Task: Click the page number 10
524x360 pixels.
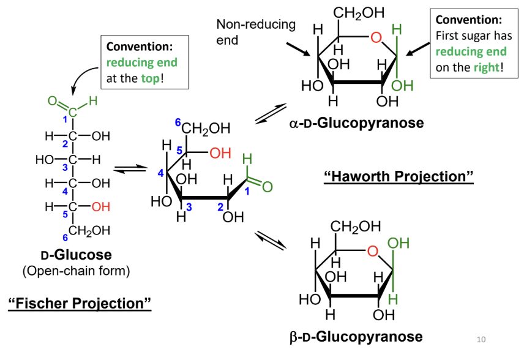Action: coord(481,339)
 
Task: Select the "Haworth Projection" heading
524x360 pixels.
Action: coord(399,176)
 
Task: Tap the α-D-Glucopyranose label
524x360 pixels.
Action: coord(356,123)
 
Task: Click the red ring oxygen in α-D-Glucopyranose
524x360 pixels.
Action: coord(376,39)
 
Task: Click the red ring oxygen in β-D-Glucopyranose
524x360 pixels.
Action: coord(373,250)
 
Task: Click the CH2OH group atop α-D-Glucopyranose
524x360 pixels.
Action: coord(359,12)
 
